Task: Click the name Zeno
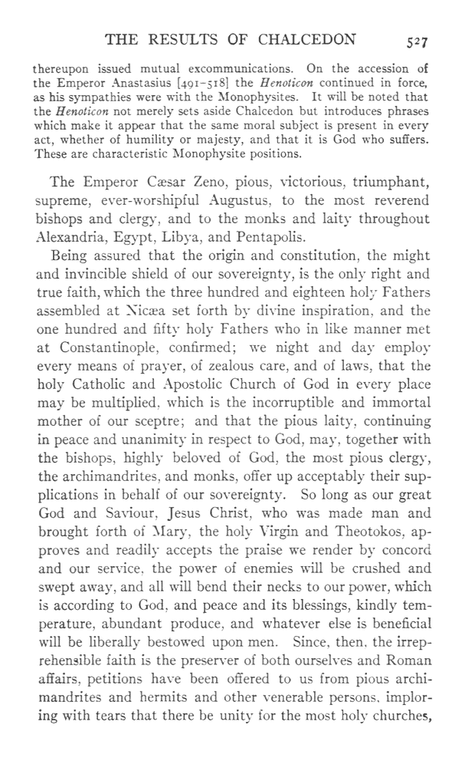[189, 185]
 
